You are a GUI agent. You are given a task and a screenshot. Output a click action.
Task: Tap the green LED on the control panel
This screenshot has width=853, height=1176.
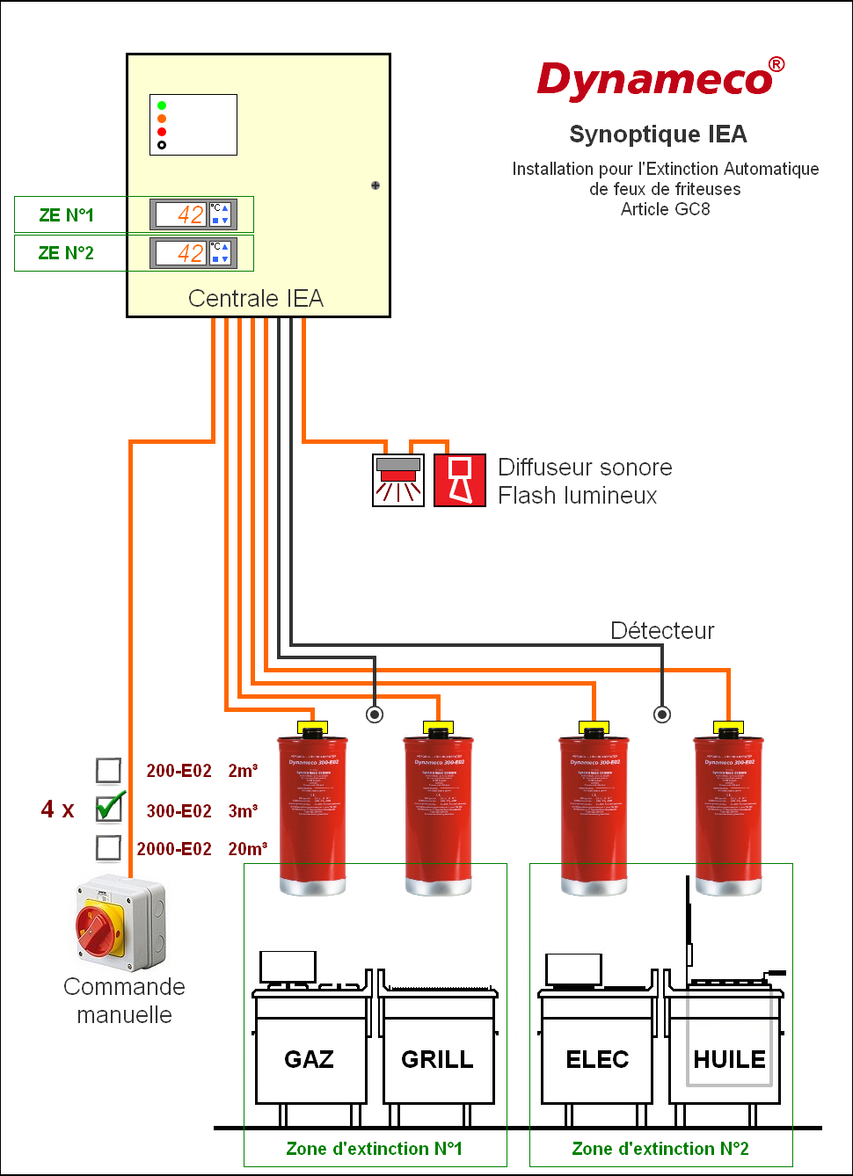point(162,105)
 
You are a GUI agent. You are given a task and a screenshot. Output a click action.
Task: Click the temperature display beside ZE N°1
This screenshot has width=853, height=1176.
point(182,214)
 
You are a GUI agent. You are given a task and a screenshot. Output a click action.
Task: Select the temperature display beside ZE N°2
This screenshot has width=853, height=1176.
point(182,253)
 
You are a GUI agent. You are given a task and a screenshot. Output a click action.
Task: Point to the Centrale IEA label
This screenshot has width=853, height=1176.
point(256,299)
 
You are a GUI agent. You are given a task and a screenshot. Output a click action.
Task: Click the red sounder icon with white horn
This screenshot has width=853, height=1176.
point(460,480)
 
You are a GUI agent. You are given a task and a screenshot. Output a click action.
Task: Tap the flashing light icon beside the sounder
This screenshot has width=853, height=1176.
point(398,480)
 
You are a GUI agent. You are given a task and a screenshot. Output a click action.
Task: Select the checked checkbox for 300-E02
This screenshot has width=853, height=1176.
point(109,808)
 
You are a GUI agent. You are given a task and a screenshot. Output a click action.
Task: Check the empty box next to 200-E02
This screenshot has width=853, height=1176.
point(108,770)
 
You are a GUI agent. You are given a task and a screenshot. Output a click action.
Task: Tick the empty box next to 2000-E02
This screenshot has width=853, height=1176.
point(108,847)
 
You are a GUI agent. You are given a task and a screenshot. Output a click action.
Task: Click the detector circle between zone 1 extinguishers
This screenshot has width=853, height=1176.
point(375,715)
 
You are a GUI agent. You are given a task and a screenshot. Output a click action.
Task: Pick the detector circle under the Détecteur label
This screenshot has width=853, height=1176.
point(662,715)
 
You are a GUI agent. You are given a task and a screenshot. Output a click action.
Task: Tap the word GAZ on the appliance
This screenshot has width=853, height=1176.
point(309,1059)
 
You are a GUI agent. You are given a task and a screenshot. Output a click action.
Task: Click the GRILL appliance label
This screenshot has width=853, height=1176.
point(437,1059)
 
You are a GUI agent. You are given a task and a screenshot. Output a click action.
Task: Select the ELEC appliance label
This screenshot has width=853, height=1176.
point(597,1059)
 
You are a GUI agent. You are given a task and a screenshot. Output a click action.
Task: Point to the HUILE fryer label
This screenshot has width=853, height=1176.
point(729,1059)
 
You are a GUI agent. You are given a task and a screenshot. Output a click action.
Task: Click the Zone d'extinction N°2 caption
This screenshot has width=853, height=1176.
point(660,1149)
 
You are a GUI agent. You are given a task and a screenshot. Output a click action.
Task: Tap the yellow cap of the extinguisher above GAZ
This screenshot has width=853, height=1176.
point(312,728)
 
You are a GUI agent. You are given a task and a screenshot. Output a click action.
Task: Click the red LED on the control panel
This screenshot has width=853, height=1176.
point(162,132)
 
